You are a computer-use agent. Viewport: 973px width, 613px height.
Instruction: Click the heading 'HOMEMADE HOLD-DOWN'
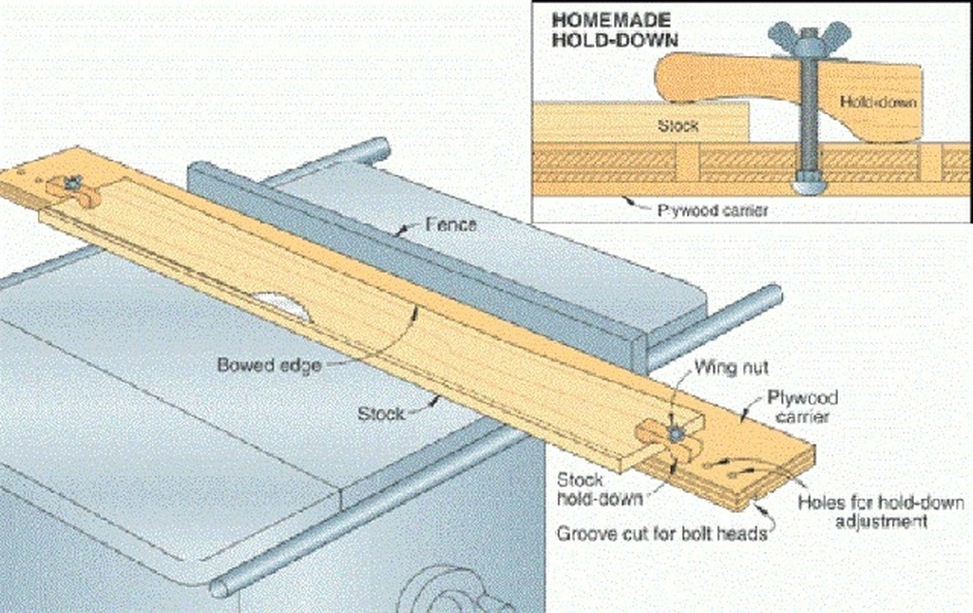[615, 29]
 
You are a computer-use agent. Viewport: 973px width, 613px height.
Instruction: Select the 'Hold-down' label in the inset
[877, 102]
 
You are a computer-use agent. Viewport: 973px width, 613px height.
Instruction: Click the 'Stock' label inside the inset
[677, 126]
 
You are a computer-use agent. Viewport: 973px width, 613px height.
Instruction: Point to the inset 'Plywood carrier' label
[713, 210]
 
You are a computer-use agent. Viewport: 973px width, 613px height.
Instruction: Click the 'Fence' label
[451, 224]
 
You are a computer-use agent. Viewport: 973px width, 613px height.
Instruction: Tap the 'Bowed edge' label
[269, 365]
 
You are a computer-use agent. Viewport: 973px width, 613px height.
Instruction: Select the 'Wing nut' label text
[731, 367]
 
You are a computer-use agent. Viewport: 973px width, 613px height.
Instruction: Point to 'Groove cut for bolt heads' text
[661, 533]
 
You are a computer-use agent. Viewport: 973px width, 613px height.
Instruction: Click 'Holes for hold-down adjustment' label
[881, 511]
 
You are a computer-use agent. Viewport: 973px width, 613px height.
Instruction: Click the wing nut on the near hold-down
[676, 433]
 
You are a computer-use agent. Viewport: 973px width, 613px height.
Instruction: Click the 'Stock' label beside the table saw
[381, 413]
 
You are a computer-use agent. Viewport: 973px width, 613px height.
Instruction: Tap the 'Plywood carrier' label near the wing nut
[802, 407]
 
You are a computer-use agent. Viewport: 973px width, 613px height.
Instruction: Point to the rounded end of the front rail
[221, 586]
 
